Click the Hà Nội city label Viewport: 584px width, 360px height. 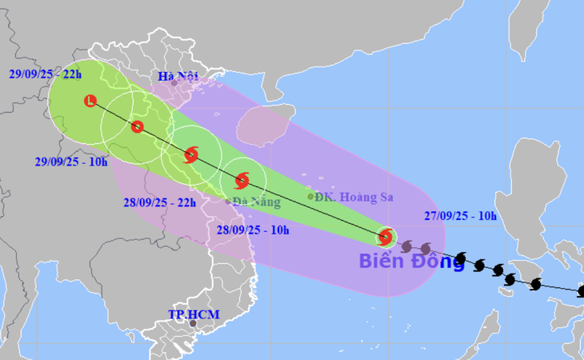pos(177,77)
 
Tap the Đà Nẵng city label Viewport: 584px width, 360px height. pos(256,202)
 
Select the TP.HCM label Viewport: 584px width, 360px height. pos(194,314)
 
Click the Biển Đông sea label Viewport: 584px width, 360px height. pos(411,261)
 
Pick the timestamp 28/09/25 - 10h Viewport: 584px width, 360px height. pos(253,230)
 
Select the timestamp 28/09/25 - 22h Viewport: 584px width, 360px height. pos(158,203)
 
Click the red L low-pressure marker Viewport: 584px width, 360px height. pos(90,101)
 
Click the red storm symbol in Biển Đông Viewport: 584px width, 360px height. pos(386,237)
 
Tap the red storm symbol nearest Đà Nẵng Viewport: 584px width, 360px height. pos(242,180)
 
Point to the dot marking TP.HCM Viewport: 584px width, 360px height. pos(192,326)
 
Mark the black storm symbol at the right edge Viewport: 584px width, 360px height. pos(581,291)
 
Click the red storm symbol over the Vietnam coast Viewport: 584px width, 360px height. pos(190,155)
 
